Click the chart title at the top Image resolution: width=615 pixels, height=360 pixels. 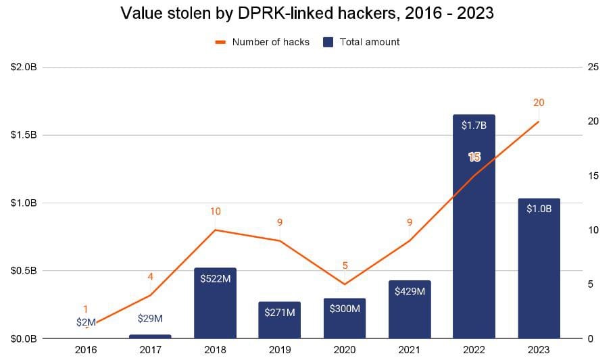[307, 14]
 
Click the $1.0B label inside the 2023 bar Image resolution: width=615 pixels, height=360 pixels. [539, 209]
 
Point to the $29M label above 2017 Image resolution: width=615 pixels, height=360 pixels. [150, 318]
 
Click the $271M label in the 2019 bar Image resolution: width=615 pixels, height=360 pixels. [280, 313]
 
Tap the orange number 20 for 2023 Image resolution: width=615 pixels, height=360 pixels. [539, 103]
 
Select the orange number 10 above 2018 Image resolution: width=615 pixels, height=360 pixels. [215, 211]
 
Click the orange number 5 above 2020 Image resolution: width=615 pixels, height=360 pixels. [345, 265]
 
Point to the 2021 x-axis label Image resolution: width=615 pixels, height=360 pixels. [410, 350]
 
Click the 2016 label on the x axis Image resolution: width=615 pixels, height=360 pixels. [86, 350]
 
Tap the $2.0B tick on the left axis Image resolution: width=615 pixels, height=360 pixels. [24, 68]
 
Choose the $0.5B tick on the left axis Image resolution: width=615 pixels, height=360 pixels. [24, 271]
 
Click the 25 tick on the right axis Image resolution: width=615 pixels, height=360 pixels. [594, 68]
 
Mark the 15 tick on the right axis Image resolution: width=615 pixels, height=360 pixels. [594, 176]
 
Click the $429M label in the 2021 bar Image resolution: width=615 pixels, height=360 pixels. [410, 292]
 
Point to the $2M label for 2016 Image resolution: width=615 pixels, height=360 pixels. [86, 322]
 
